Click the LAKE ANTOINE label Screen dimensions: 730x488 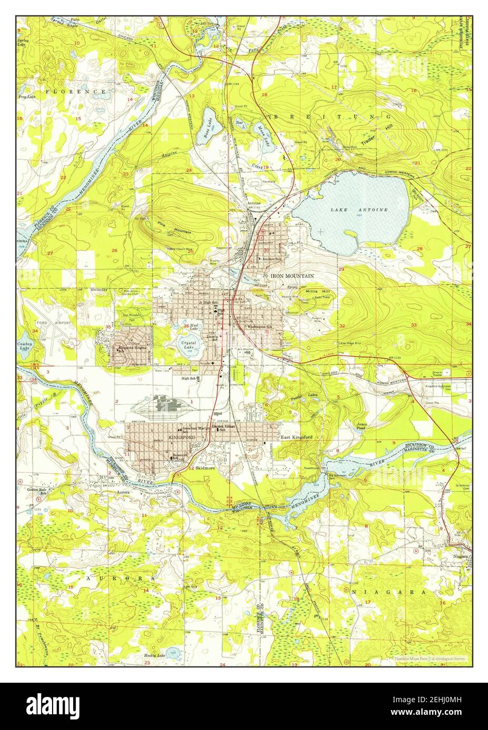point(360,210)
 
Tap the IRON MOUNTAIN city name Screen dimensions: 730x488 point(292,275)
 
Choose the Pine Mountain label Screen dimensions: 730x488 point(175,227)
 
